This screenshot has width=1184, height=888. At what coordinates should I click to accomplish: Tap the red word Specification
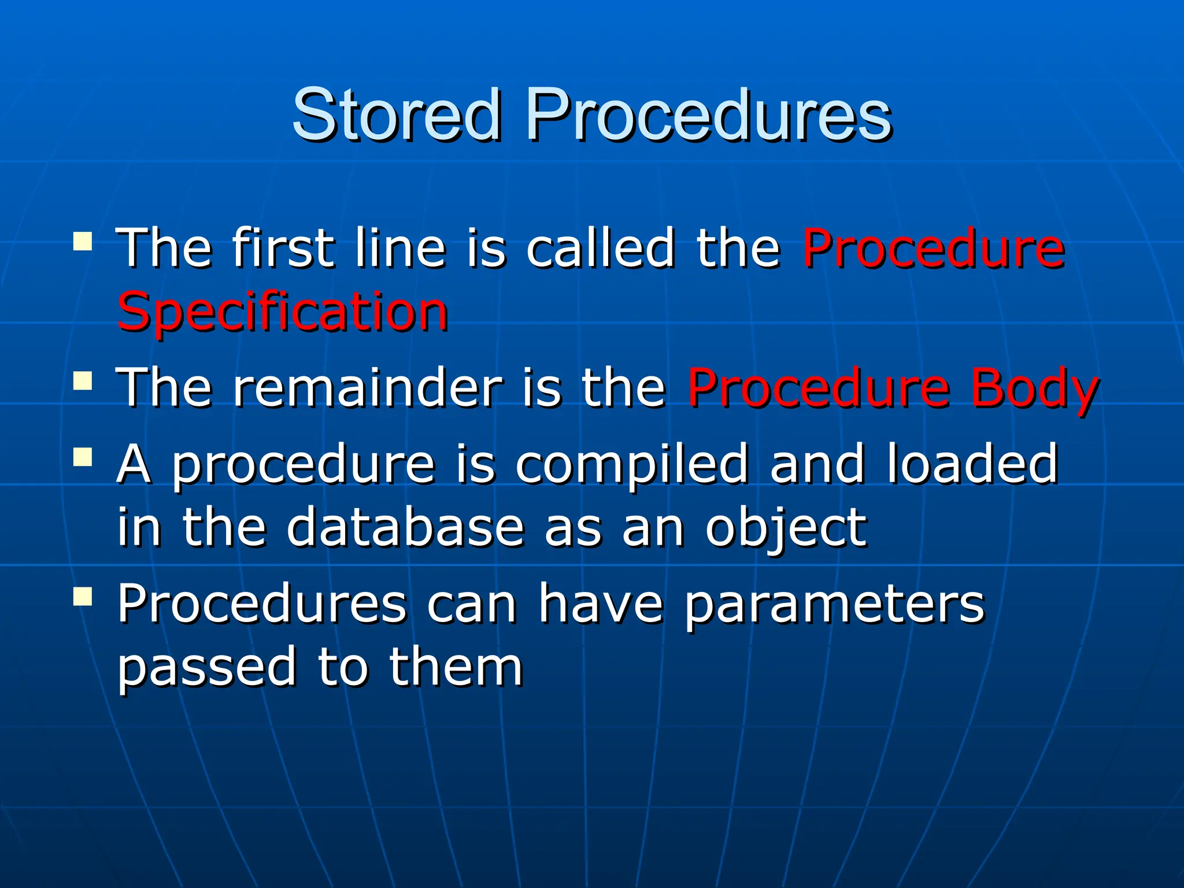tap(282, 312)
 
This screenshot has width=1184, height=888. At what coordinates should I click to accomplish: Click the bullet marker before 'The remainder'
tap(83, 381)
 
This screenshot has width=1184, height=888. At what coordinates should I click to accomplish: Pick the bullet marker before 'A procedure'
tap(83, 457)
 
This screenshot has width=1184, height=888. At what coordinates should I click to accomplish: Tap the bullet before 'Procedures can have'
tap(83, 596)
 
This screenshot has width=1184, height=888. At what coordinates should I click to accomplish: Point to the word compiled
tap(631, 464)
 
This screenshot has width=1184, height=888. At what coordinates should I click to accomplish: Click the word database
tap(405, 527)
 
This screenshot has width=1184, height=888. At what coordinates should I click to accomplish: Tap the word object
tap(785, 528)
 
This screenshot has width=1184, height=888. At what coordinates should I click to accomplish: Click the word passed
tap(207, 668)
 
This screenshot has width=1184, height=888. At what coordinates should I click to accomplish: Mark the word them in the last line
tap(456, 667)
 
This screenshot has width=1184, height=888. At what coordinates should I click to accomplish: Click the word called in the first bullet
tap(600, 249)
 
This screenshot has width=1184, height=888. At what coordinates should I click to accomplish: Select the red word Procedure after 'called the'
tap(933, 249)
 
